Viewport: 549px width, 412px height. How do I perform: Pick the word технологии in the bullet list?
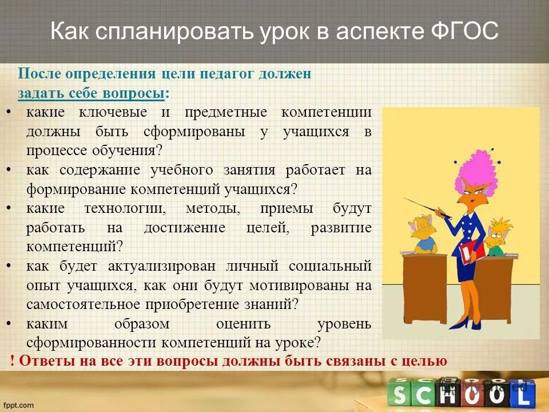tap(124, 208)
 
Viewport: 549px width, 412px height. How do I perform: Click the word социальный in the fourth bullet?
tap(331, 266)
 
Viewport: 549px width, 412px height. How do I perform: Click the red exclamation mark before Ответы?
tap(13, 361)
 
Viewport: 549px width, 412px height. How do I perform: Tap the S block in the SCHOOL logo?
tap(399, 395)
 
